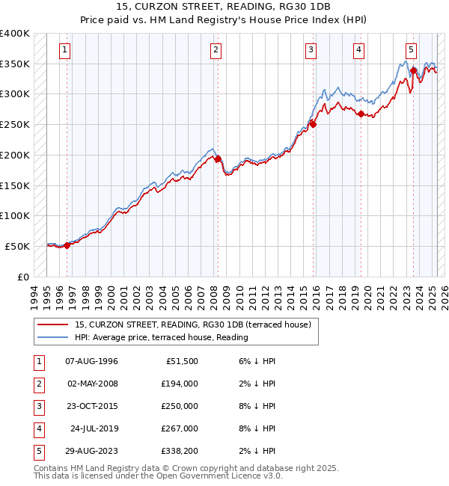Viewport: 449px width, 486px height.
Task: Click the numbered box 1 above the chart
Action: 65,50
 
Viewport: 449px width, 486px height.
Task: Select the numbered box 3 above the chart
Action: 311,50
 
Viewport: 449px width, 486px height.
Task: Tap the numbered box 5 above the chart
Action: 411,50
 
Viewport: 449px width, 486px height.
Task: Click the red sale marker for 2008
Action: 218,159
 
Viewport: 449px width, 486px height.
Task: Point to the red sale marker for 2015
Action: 314,124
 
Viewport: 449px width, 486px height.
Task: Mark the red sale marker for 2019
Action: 361,114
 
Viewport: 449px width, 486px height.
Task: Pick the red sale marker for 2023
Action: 413,71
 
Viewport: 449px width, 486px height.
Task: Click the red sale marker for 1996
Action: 67,244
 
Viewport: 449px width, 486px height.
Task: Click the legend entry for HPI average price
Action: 161,337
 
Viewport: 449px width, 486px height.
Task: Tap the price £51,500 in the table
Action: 182,360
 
